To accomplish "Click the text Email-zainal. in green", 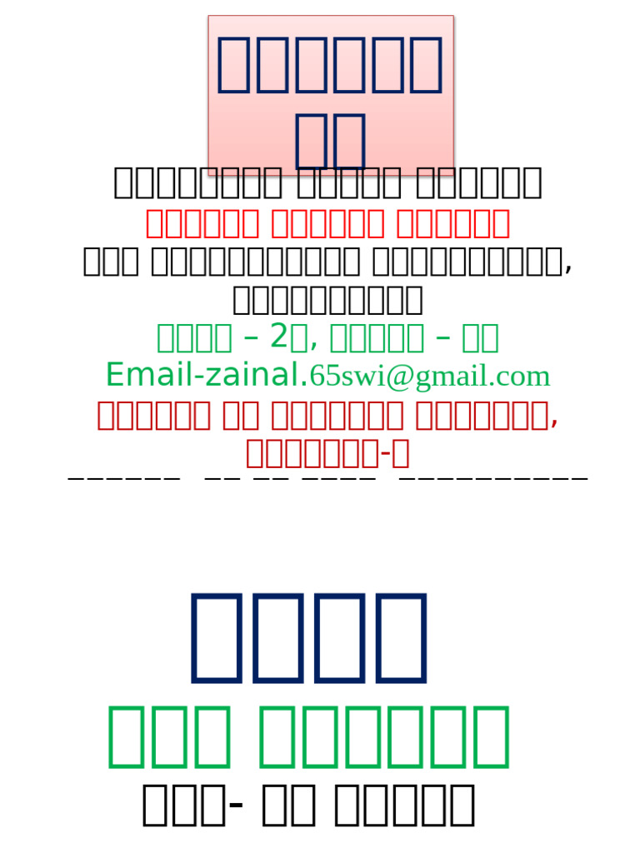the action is pyautogui.click(x=207, y=376).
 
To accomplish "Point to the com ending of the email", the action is pyautogui.click(x=527, y=377).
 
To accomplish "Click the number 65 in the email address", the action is pyautogui.click(x=321, y=377).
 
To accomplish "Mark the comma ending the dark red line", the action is pyautogui.click(x=554, y=422).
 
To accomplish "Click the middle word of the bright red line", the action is pyautogui.click(x=327, y=223).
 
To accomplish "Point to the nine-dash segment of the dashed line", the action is pyautogui.click(x=494, y=478).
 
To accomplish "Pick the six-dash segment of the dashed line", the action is pyautogui.click(x=123, y=478).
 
